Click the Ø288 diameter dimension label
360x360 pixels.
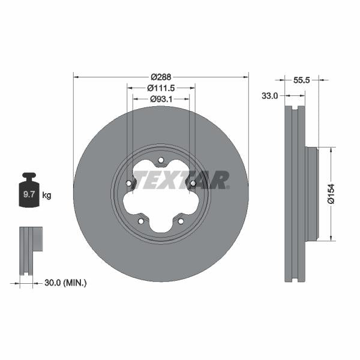coord(161,77)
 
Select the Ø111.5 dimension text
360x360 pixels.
coord(161,88)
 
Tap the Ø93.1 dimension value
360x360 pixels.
coord(161,99)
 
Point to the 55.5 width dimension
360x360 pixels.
coord(302,79)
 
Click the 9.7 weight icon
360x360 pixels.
coord(29,191)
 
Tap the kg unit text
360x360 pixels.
coord(47,195)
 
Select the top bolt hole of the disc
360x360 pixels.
coord(161,160)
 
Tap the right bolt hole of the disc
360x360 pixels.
coord(193,184)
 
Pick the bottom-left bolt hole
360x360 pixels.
coord(141,221)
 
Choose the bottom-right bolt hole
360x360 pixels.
coord(181,221)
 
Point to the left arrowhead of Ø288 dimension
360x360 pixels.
coord(75,77)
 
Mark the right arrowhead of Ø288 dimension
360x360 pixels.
coord(246,77)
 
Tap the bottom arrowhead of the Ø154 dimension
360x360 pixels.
coord(330,239)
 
